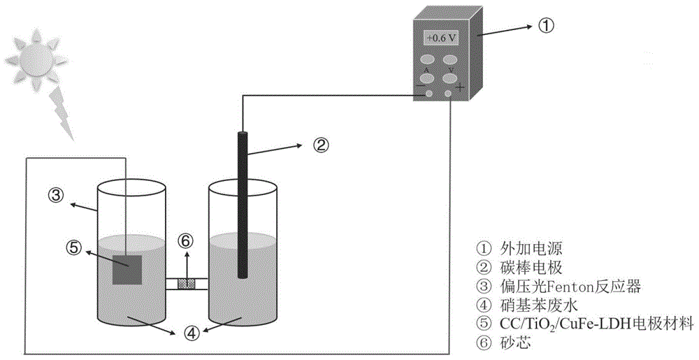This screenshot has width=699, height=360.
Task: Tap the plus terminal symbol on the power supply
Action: [x=460, y=87]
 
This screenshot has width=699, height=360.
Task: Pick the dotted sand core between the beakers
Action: [x=186, y=284]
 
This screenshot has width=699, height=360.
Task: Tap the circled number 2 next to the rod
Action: [x=320, y=145]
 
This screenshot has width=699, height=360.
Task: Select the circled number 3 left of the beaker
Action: [x=57, y=194]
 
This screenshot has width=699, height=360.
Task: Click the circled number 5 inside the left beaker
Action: [x=75, y=247]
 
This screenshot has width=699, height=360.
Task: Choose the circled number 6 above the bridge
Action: [x=185, y=240]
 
